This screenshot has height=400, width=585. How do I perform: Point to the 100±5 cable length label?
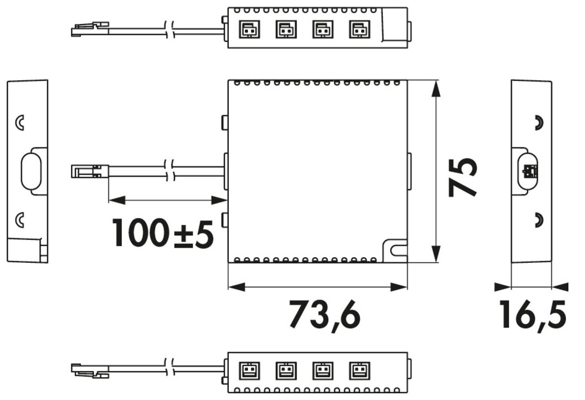(x=163, y=234)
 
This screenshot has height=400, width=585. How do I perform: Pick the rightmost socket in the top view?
(x=359, y=29)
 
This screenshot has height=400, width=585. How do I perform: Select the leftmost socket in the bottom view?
(x=250, y=371)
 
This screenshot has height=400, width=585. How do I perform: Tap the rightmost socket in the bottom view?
(x=359, y=371)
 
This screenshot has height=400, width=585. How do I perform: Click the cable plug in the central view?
(x=89, y=171)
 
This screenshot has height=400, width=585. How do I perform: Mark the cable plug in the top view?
(x=89, y=30)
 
